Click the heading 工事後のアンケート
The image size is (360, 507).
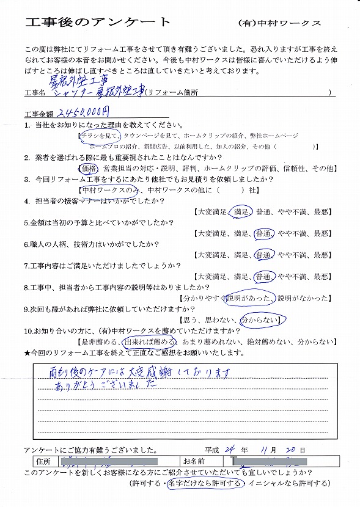pos(98,22)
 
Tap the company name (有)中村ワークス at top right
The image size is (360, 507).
pos(279,23)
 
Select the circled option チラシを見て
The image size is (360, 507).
pos(99,136)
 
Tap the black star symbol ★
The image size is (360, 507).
pos(27,353)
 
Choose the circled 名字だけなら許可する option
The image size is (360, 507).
pos(207,484)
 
